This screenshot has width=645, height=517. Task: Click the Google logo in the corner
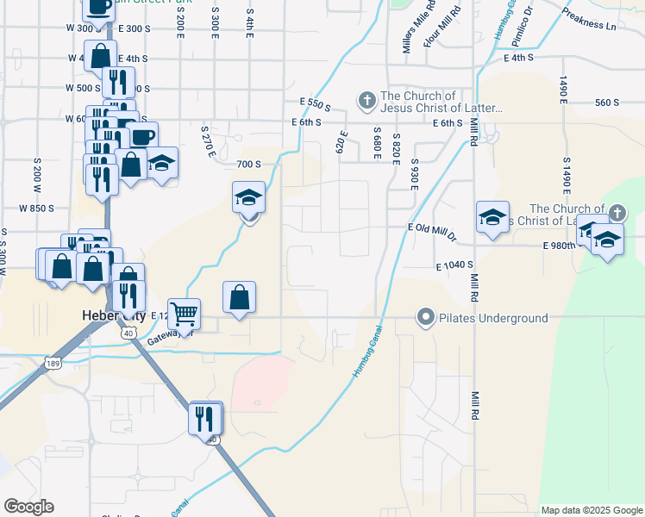coord(28,507)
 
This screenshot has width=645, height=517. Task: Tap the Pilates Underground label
coord(493,318)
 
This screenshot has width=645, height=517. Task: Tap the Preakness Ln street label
coord(588,20)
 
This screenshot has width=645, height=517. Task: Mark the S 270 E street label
coord(208,140)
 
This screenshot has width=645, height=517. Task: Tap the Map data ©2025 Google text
coord(592,510)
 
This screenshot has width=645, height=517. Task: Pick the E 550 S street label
coord(316,104)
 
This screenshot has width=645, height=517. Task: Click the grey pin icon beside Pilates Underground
coord(424,318)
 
